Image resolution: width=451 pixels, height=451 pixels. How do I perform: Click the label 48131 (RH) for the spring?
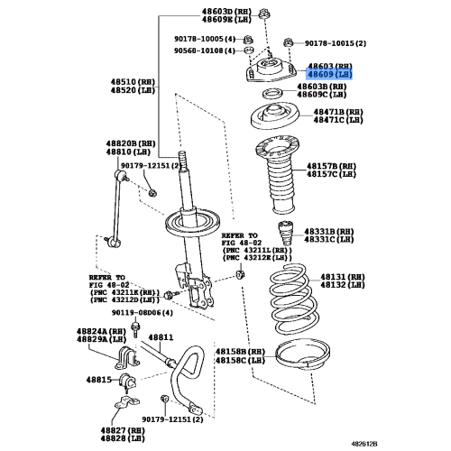tap(337, 277)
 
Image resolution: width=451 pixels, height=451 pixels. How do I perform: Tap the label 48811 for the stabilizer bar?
tap(161, 337)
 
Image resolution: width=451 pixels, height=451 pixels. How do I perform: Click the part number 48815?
tap(101, 380)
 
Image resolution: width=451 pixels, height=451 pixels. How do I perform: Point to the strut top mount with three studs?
tap(271, 78)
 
